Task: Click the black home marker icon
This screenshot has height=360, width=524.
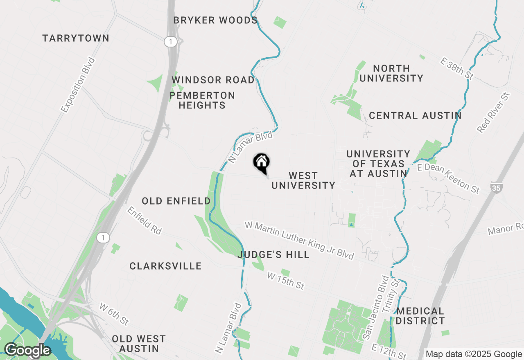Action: pyautogui.click(x=261, y=162)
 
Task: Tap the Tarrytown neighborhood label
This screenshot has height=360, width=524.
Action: pyautogui.click(x=76, y=38)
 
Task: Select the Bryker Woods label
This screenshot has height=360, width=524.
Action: pyautogui.click(x=215, y=20)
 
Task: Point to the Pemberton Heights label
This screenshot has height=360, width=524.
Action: pyautogui.click(x=202, y=100)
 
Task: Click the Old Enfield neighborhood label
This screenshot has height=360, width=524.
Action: pyautogui.click(x=176, y=201)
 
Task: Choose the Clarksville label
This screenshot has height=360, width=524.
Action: pyautogui.click(x=165, y=266)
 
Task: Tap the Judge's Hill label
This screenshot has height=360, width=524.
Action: pyautogui.click(x=273, y=255)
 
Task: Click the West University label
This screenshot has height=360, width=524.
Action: pyautogui.click(x=303, y=180)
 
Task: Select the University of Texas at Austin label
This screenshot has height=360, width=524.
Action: pyautogui.click(x=378, y=164)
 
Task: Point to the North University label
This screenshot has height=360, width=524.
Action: pyautogui.click(x=391, y=73)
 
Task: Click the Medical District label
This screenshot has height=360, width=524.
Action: pyautogui.click(x=420, y=316)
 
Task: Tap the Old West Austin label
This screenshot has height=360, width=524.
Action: pyautogui.click(x=139, y=344)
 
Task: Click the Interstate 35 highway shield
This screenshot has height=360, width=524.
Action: pyautogui.click(x=496, y=188)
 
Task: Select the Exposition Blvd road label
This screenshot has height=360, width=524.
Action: pyautogui.click(x=78, y=85)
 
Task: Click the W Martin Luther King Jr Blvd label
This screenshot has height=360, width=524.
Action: pyautogui.click(x=299, y=240)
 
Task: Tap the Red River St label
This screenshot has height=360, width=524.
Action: pyautogui.click(x=494, y=112)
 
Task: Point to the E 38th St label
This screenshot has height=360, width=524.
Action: pyautogui.click(x=456, y=68)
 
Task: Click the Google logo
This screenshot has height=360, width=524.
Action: pyautogui.click(x=27, y=351)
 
